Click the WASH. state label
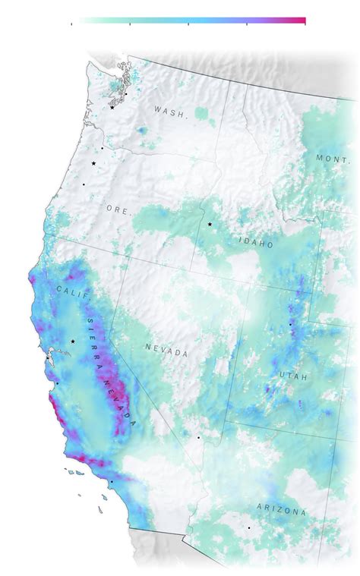[170, 111]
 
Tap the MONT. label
[333, 158]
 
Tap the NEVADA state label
[166, 351]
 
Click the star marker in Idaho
[210, 225]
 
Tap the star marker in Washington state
[112, 108]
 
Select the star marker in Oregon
[94, 163]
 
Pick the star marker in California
[73, 342]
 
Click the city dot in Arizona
[248, 528]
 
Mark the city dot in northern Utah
[289, 325]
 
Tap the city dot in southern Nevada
[199, 438]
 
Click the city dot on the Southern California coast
[111, 482]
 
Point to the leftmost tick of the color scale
[71, 24]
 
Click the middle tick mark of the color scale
[188, 24]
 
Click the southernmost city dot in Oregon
[84, 184]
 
